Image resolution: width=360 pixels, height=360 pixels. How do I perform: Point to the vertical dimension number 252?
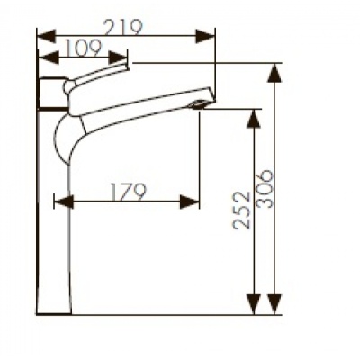coord(242,209)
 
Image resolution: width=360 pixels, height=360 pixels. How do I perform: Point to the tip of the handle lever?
coord(127,64)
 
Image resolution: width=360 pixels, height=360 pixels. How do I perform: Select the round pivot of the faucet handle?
coord(69,86)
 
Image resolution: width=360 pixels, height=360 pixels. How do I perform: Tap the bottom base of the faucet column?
coord(56,310)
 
